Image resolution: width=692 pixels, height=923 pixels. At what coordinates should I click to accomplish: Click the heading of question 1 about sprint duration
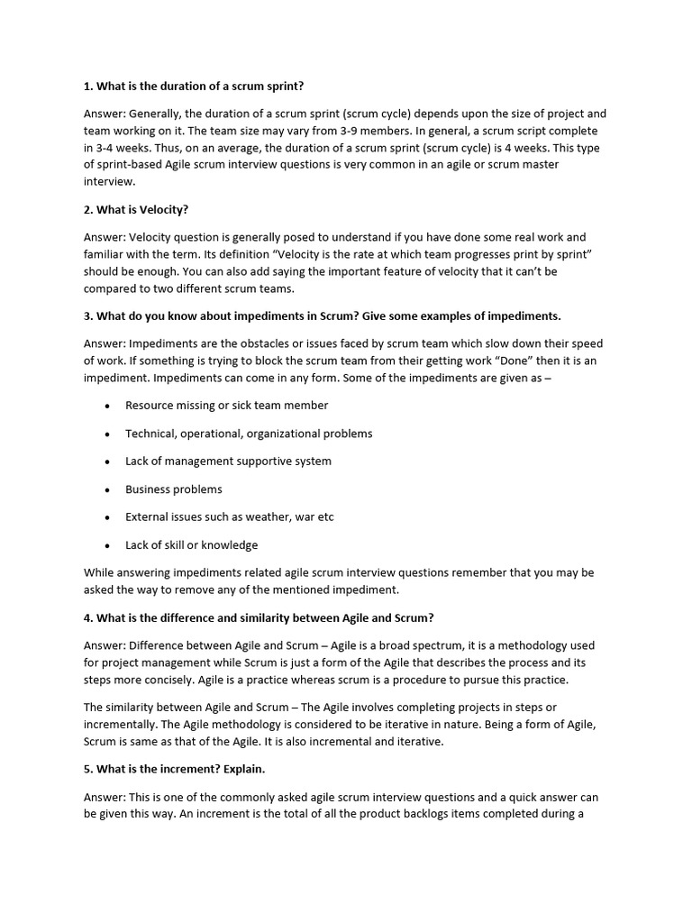pos(194,87)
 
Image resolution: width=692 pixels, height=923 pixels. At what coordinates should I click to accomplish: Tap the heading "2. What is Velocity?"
pos(136,210)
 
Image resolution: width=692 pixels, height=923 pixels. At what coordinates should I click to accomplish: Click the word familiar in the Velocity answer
pos(109,255)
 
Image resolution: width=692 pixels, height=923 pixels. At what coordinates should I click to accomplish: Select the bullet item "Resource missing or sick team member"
pos(227,406)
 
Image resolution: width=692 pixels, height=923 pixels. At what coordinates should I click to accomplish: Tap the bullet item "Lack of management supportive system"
pos(228,461)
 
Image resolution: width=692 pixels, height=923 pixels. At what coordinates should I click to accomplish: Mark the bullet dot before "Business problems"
pos(107,490)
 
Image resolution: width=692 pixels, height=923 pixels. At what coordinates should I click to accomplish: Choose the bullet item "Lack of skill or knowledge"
pos(192,545)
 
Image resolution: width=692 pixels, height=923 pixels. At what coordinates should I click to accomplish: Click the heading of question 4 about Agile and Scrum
pos(259,617)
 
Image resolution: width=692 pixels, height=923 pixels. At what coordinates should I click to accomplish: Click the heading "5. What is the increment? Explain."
pos(174,769)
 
